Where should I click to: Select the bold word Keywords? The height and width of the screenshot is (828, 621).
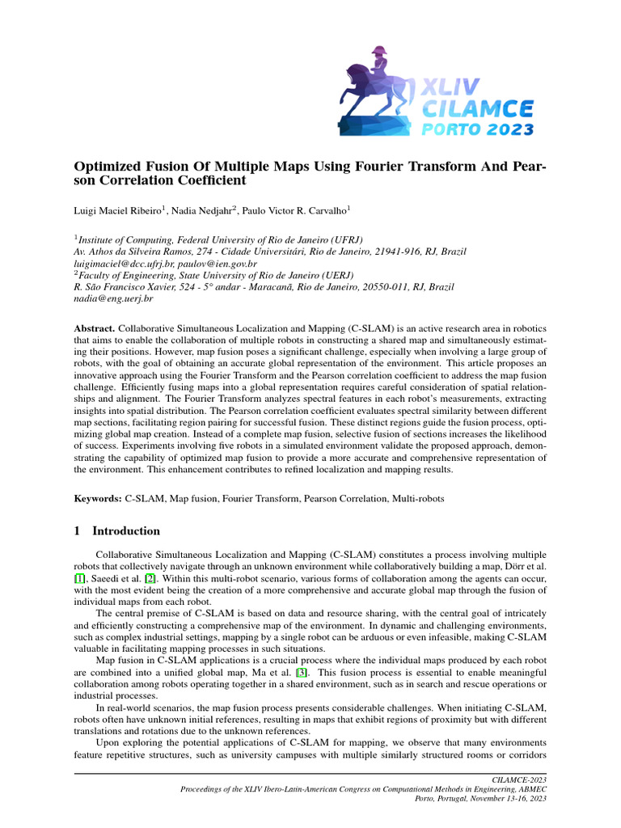[97, 501]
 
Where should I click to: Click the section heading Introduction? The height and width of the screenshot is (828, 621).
[126, 531]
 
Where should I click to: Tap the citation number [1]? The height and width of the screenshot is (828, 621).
[78, 580]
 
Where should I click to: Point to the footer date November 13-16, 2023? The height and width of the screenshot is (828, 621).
[505, 798]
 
